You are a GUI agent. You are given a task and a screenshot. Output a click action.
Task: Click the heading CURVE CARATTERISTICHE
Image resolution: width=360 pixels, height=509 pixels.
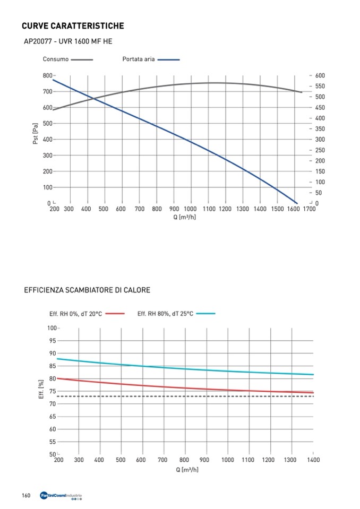[73, 25]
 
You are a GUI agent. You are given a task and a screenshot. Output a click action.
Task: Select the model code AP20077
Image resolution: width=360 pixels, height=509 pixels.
[37, 41]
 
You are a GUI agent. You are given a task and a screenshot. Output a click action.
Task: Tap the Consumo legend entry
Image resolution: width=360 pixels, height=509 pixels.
[55, 59]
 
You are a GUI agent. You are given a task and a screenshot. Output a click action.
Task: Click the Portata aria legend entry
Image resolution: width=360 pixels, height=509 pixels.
[139, 59]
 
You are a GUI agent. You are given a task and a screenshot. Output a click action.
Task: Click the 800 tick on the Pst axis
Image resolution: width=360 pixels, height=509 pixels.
[48, 76]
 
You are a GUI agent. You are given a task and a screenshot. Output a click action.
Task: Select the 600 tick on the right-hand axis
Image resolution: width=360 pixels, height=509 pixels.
[320, 76]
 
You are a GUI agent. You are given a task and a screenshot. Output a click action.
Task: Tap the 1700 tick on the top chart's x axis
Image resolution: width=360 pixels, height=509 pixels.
[308, 209]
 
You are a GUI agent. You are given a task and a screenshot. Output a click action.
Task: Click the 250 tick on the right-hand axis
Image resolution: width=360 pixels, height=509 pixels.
[320, 150]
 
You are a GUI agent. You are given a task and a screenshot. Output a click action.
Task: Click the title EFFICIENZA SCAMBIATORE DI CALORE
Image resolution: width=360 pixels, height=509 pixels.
[87, 290]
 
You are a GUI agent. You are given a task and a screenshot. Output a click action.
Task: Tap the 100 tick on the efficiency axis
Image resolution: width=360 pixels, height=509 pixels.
[52, 328]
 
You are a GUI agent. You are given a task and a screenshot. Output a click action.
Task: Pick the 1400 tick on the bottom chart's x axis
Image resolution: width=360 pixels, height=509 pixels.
[313, 460]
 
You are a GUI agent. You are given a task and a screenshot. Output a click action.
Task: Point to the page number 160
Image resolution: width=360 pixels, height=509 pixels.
[25, 496]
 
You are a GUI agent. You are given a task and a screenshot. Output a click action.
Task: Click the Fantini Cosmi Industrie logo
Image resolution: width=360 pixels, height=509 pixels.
[61, 496]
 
